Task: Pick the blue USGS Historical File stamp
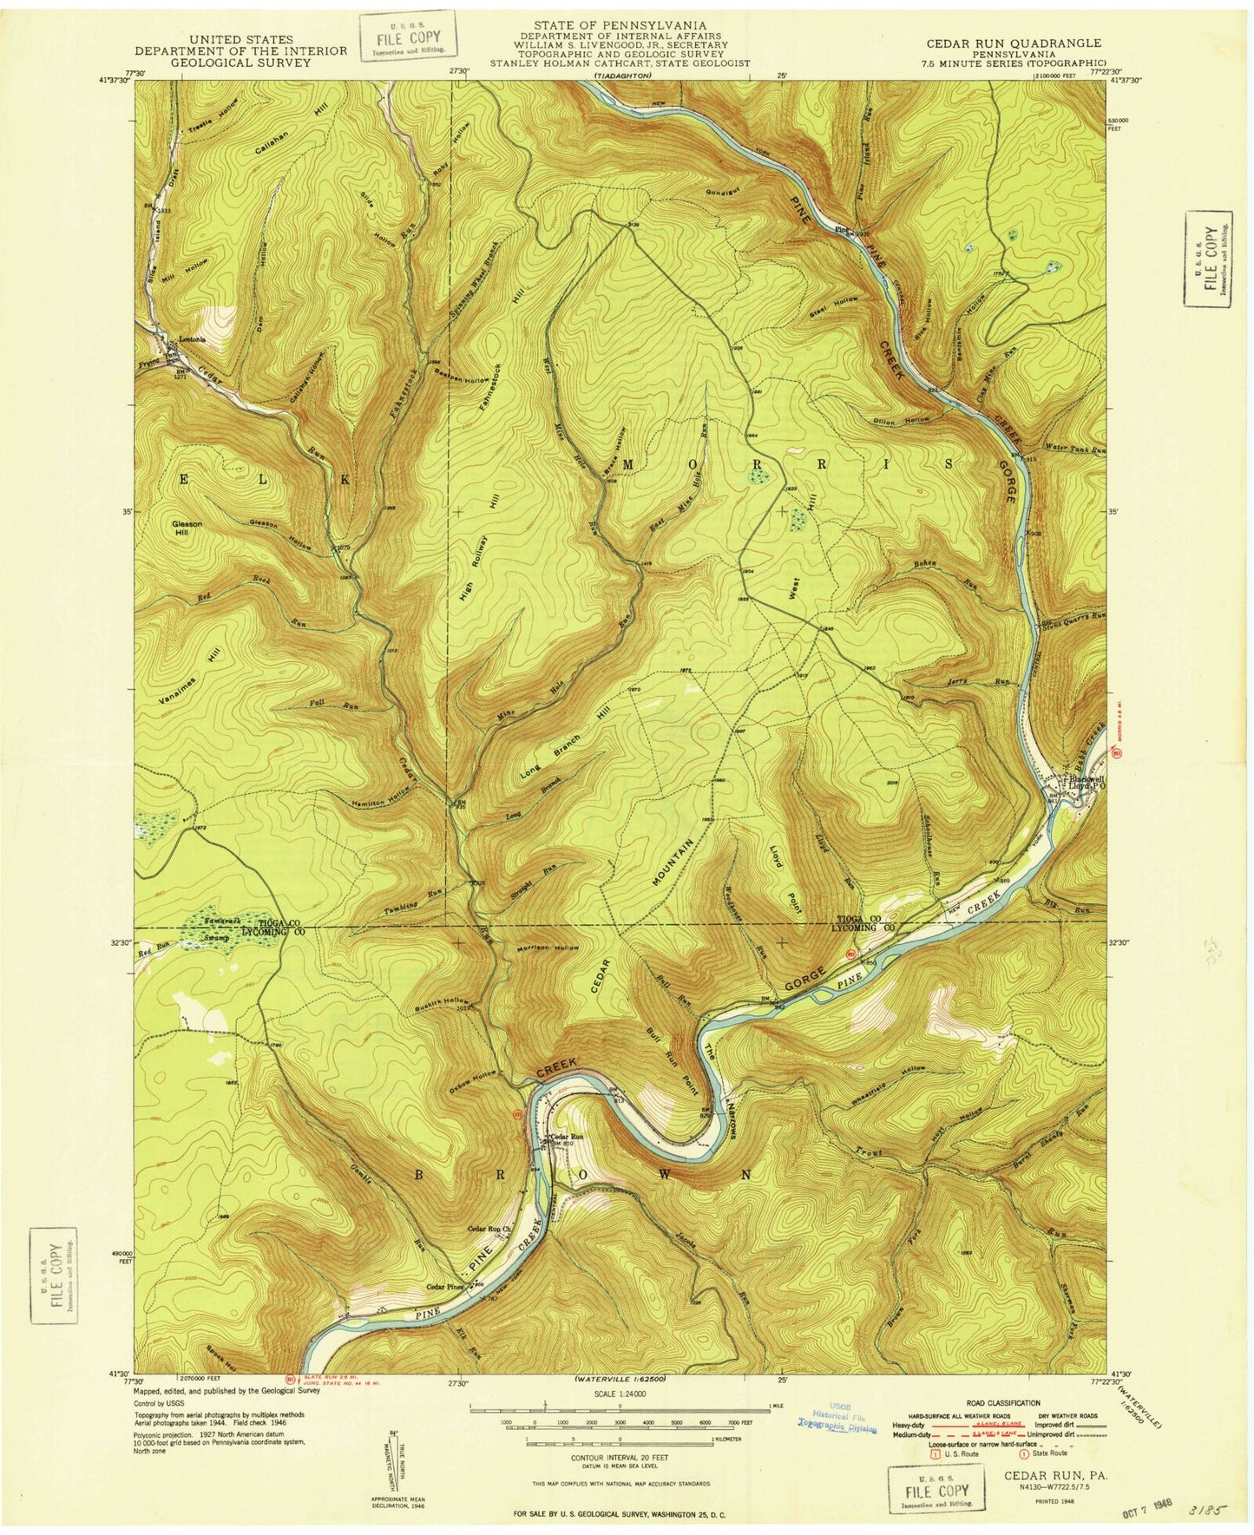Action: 837,1418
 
